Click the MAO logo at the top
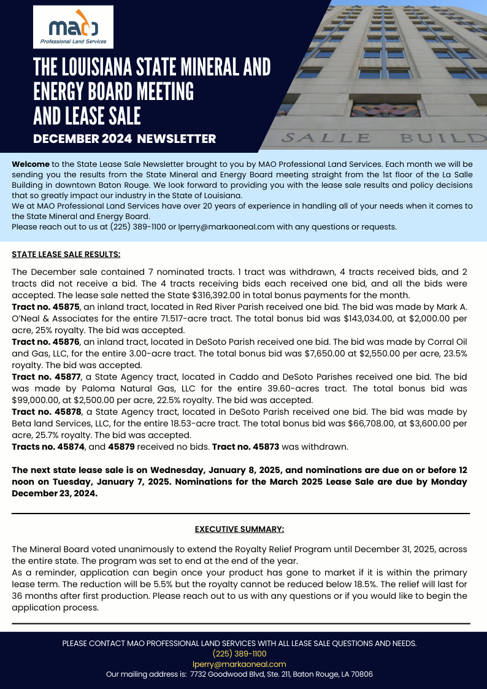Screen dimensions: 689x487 73,27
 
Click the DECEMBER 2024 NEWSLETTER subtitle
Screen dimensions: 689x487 125,139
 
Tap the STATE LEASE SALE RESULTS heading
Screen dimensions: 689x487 66,254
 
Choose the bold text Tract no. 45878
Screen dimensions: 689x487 45,412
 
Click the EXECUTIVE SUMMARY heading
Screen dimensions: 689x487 239,529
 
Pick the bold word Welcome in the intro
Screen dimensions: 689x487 31,164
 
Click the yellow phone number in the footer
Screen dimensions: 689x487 239,654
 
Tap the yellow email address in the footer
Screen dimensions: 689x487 239,664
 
